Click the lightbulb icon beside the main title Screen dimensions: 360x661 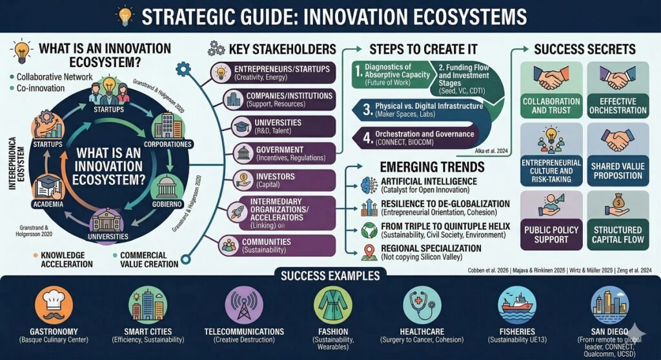pyautogui.click(x=124, y=15)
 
